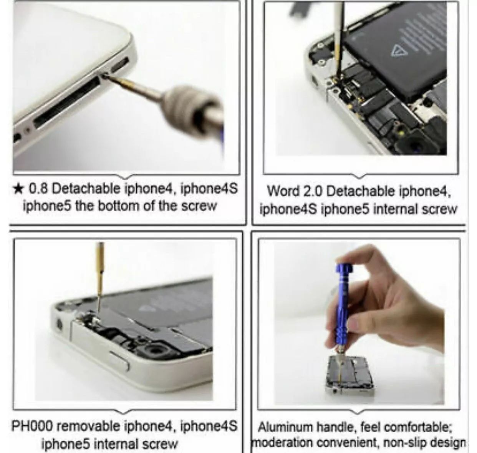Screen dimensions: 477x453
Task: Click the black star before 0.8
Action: coord(19,189)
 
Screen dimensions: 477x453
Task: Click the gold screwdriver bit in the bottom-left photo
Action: coord(100,277)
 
